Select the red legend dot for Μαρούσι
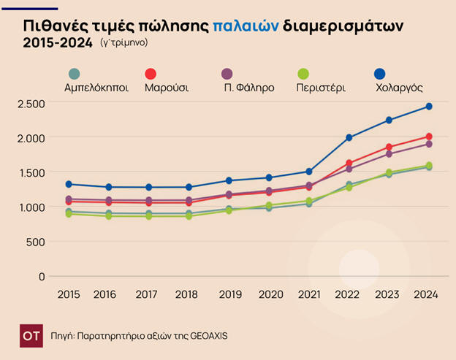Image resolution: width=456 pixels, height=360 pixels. pyautogui.click(x=151, y=74)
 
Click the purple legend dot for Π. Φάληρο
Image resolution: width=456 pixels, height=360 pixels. pyautogui.click(x=227, y=74)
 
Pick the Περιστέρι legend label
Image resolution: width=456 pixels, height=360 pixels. pyautogui.click(x=321, y=88)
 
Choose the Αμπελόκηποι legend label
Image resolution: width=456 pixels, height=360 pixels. pyautogui.click(x=96, y=88)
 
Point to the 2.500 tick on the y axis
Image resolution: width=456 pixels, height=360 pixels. pyautogui.click(x=31, y=104)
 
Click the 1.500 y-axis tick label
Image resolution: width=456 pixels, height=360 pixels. pyautogui.click(x=31, y=173)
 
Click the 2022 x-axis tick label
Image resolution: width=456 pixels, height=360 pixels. pyautogui.click(x=349, y=295)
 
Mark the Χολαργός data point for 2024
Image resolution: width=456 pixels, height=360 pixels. pyautogui.click(x=429, y=107)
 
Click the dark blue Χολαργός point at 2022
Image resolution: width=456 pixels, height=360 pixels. pyautogui.click(x=349, y=137)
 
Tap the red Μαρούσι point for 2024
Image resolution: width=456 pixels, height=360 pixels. pyautogui.click(x=429, y=137)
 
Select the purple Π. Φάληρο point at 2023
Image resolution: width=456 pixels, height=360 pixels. pyautogui.click(x=389, y=154)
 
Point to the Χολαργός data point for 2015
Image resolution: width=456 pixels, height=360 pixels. pyautogui.click(x=69, y=184)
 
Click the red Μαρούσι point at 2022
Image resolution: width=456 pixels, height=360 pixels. pyautogui.click(x=349, y=163)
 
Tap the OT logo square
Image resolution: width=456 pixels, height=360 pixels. pyautogui.click(x=31, y=335)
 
